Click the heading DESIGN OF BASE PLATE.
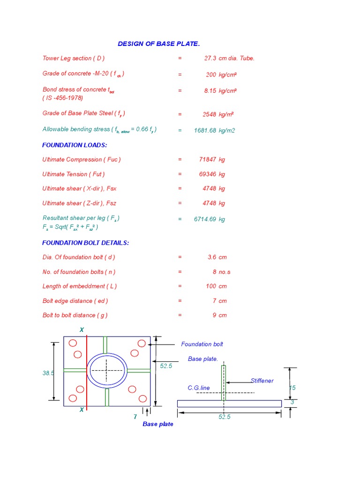(158, 44)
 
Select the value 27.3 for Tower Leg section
(210, 59)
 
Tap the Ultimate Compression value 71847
(208, 160)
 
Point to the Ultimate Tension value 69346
(208, 174)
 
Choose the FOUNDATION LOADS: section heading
(75, 145)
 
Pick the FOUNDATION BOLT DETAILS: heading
(85, 243)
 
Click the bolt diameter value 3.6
(211, 257)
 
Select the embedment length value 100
(211, 286)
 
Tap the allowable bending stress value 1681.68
(205, 131)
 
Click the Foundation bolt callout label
(202, 345)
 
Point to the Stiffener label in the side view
(262, 381)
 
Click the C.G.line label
(199, 388)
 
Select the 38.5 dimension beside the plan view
(48, 373)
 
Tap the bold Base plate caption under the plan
(158, 424)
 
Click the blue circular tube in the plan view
(108, 370)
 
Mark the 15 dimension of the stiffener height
(292, 388)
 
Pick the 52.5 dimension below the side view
(225, 417)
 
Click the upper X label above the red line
(82, 330)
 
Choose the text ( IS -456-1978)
(63, 98)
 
